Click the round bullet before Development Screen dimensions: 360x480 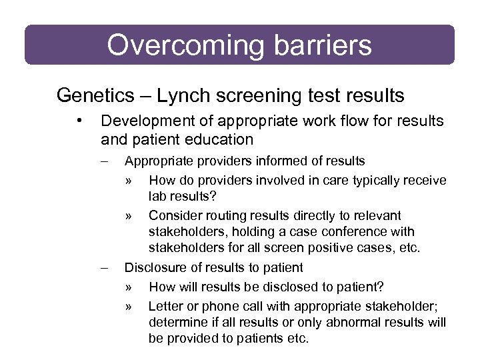(x=79, y=121)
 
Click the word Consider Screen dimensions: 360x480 (x=173, y=215)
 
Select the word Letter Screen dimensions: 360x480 (x=164, y=306)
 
